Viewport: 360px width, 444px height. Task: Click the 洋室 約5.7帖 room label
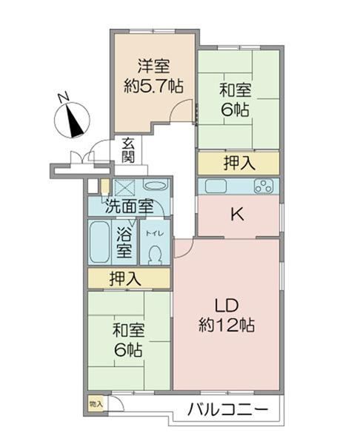point(153,75)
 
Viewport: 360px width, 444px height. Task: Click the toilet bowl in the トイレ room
point(155,253)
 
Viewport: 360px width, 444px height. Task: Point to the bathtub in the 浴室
point(99,242)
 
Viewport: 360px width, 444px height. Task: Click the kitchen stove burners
point(264,186)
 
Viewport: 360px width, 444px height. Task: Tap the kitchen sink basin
point(216,186)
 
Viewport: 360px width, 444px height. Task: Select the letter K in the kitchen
point(237,215)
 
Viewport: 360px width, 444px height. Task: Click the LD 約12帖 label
point(227,315)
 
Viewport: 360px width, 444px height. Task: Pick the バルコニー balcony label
point(228,409)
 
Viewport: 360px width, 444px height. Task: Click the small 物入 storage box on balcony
point(96,404)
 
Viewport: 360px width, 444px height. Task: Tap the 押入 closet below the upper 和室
point(239,163)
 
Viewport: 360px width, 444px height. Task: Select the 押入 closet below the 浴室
point(129,278)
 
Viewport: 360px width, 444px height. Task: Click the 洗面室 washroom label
point(129,206)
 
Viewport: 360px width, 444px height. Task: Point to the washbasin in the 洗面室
point(155,185)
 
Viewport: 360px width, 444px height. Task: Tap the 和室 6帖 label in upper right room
point(236,100)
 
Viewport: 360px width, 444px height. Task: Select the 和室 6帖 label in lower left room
point(128,340)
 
